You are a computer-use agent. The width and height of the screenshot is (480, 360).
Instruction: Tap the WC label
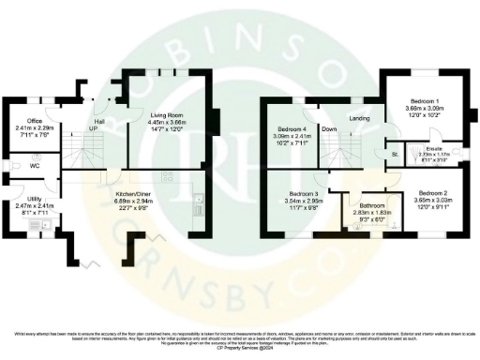(x=34, y=166)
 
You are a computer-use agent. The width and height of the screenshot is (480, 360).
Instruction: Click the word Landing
(x=359, y=118)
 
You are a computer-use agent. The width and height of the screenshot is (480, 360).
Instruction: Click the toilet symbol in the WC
(x=11, y=167)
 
